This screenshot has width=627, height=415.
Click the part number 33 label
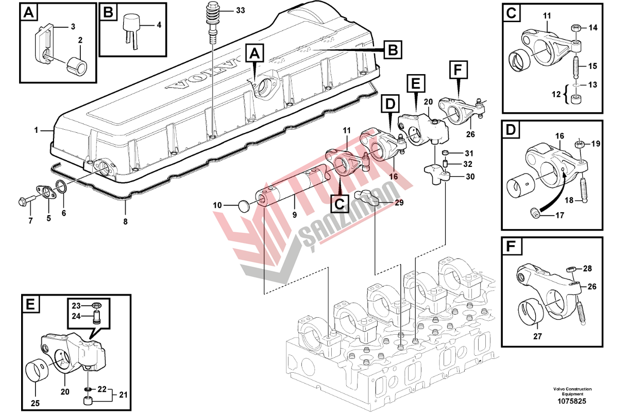(x=227, y=10)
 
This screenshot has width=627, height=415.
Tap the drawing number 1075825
(x=572, y=401)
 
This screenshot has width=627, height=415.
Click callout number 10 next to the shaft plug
(x=217, y=205)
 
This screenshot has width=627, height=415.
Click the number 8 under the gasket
(x=125, y=222)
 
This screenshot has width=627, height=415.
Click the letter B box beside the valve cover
(x=393, y=50)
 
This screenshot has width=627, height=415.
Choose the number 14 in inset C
(x=594, y=28)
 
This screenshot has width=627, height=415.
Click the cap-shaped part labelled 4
(x=132, y=23)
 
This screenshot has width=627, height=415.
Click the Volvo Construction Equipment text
(x=572, y=391)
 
